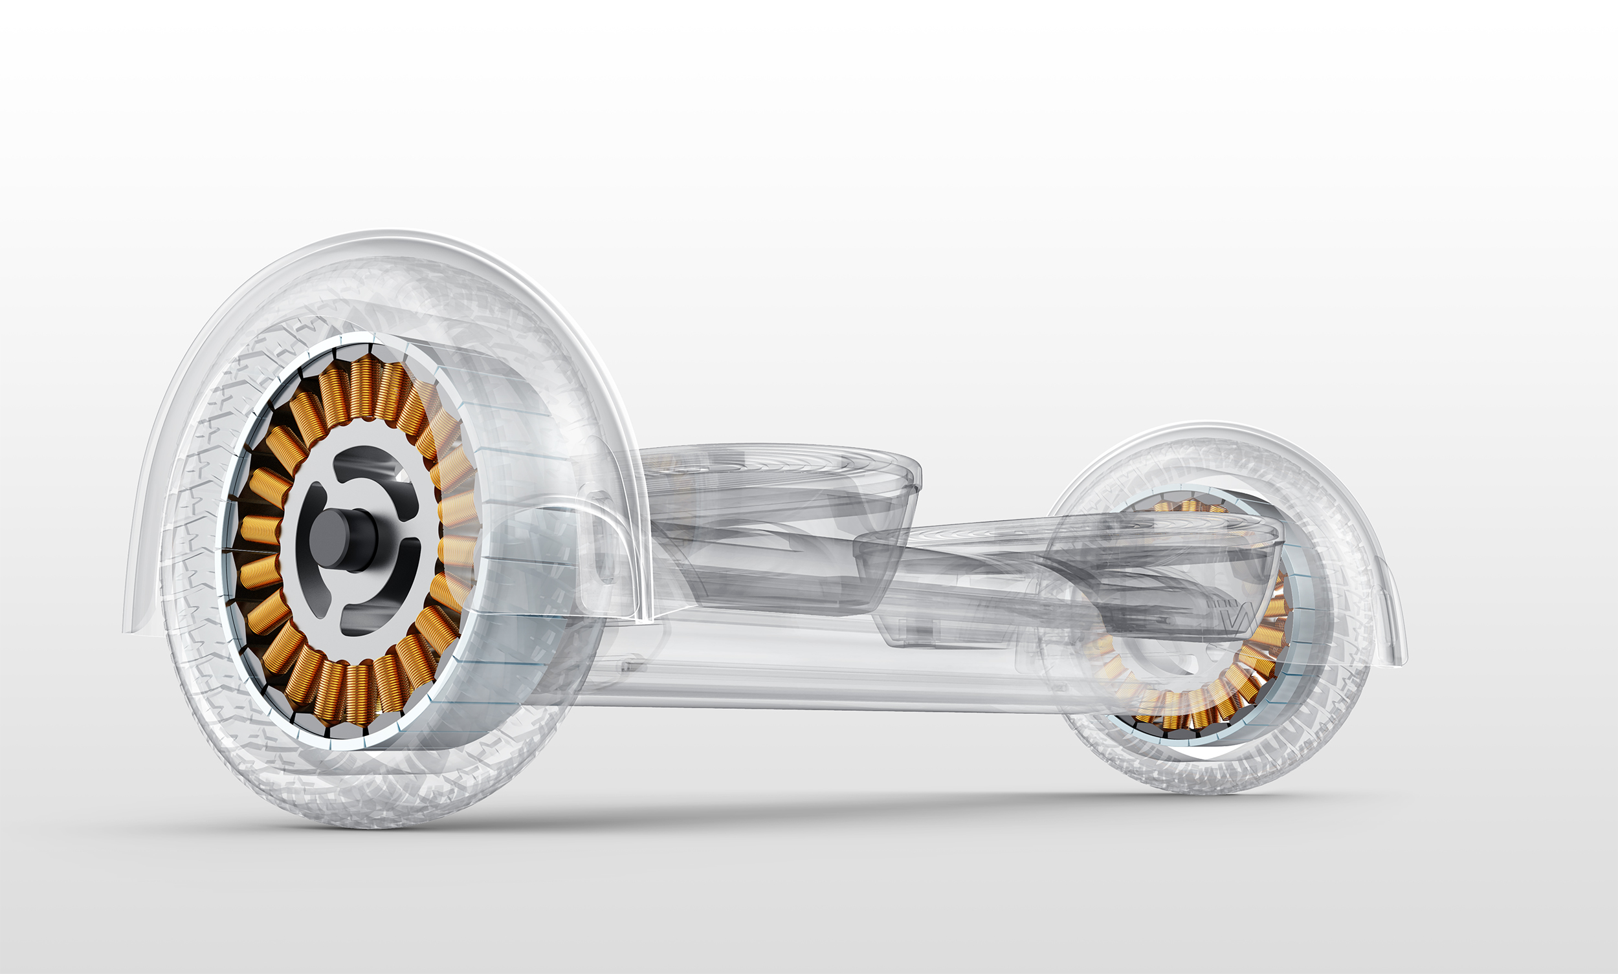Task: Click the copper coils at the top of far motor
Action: (x=1188, y=506)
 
